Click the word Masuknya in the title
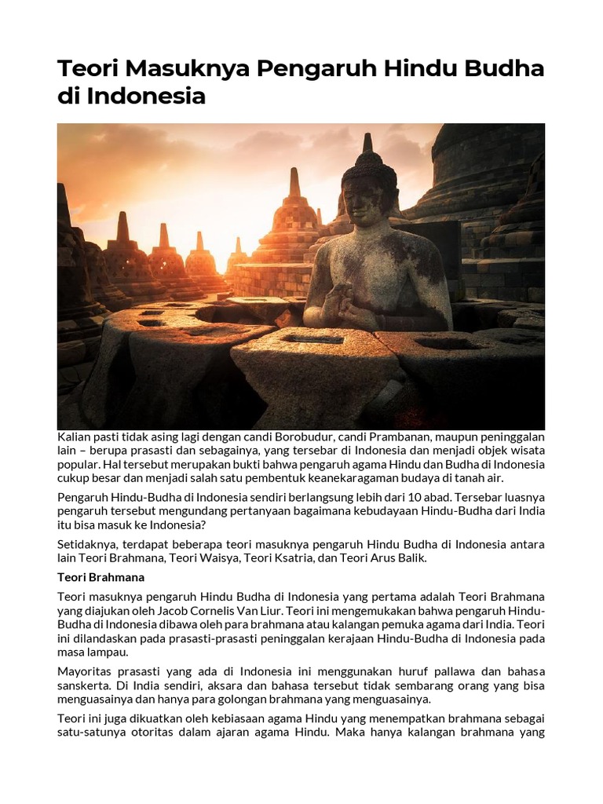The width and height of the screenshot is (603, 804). click(182, 69)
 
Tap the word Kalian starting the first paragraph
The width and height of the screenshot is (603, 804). click(74, 437)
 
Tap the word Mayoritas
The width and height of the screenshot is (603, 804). click(86, 672)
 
